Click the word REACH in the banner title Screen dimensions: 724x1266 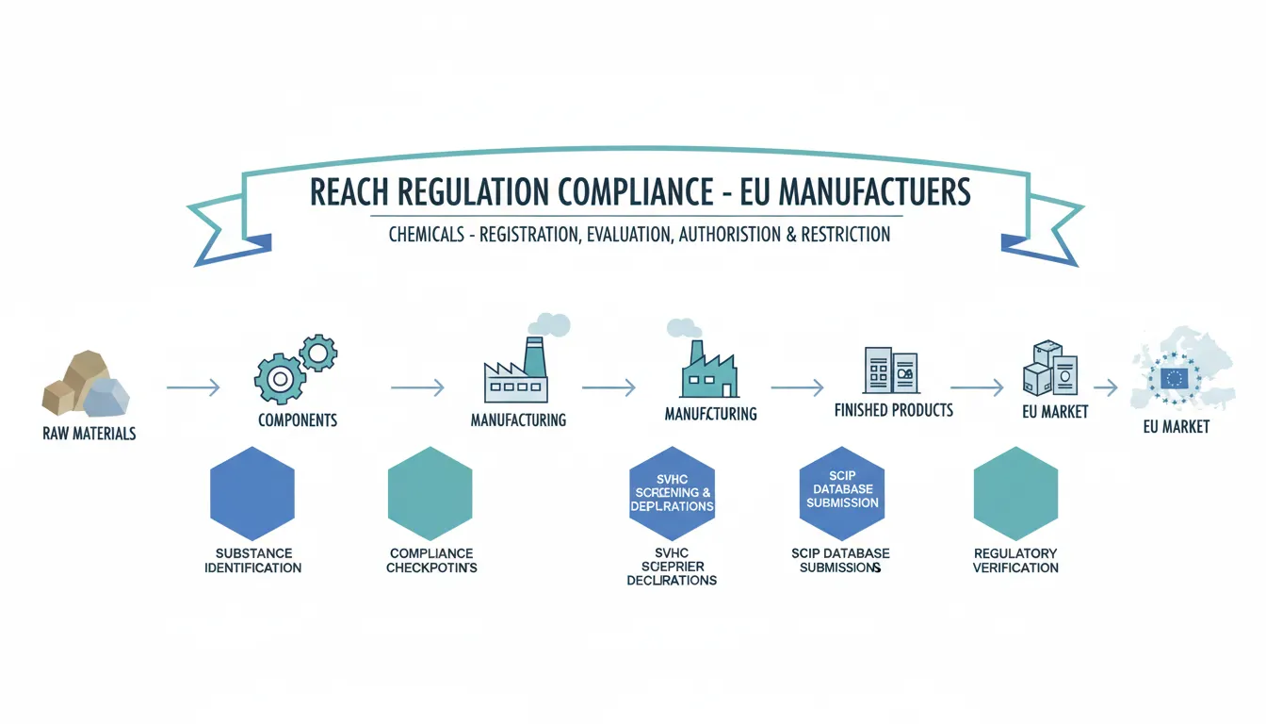[x=350, y=193]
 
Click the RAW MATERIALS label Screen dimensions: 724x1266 [x=89, y=434]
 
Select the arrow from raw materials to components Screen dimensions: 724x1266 [x=192, y=387]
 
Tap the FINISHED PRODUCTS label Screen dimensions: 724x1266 [x=893, y=410]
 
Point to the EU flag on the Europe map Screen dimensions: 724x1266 [x=1175, y=379]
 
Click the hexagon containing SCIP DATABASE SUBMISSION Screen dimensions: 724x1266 [x=842, y=491]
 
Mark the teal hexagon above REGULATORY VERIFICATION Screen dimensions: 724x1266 [x=1015, y=491]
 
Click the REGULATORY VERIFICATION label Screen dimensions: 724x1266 [x=1015, y=560]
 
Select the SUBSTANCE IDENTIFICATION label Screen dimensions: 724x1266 [x=252, y=560]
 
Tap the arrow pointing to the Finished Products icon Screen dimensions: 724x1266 [x=797, y=387]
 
